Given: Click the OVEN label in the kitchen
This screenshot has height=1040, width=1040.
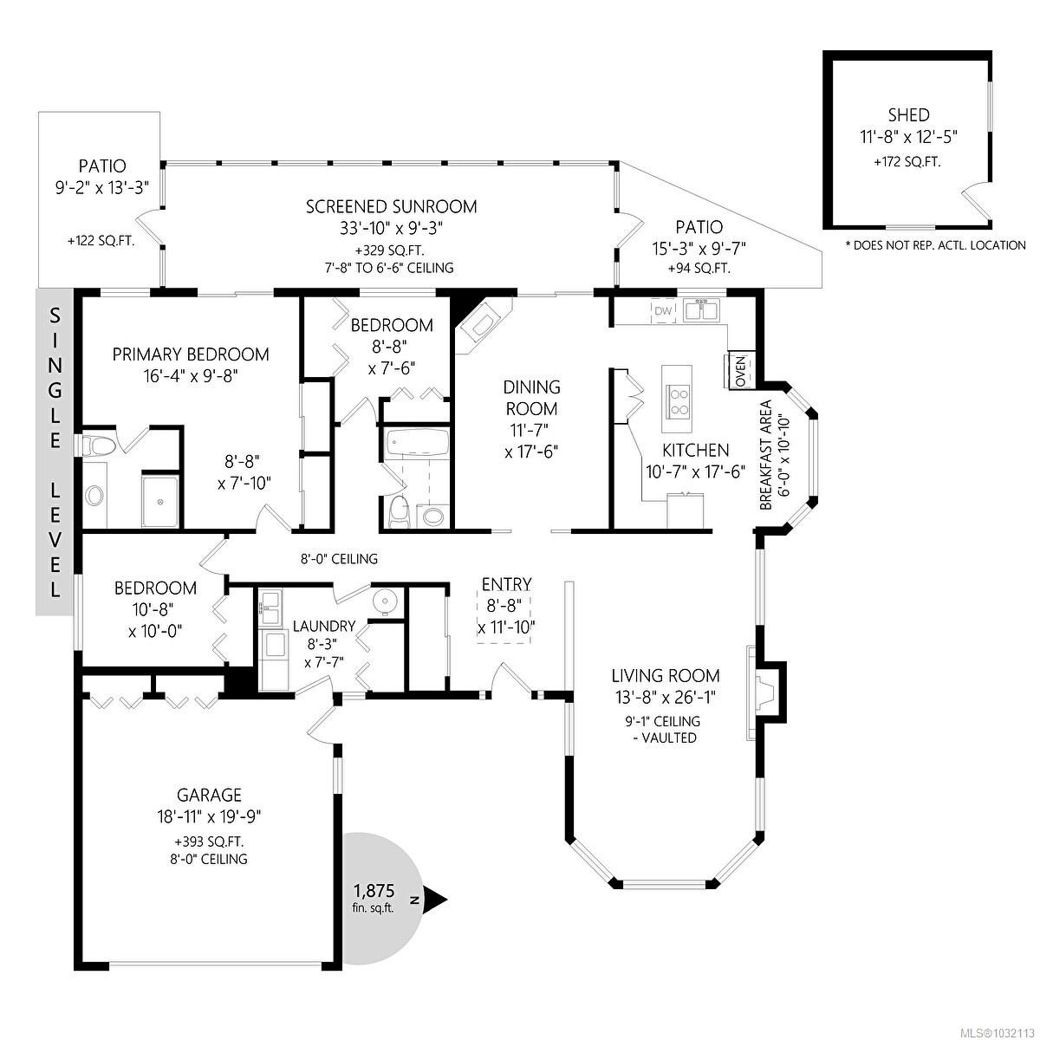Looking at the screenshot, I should point(740,371).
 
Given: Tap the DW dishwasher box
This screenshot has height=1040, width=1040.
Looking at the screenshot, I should point(663,311).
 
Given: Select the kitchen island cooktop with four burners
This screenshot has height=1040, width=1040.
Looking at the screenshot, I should point(677,400).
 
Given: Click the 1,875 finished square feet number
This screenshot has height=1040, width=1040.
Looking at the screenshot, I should point(374,890).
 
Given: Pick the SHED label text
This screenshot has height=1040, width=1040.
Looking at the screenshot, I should point(908,115).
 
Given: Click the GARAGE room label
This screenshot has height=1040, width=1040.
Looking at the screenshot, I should point(209,795).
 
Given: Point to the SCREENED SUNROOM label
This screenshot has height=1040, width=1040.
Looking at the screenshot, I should point(391,206).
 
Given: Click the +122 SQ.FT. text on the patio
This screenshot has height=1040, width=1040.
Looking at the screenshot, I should point(101,242).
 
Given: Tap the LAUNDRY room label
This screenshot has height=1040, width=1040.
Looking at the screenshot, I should point(323,626).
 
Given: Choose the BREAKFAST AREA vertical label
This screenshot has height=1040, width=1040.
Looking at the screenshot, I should point(765,455).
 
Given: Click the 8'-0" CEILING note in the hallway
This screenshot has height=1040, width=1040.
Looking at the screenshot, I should point(337,559).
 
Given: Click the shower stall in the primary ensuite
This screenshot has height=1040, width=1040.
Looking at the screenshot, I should point(159,500).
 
